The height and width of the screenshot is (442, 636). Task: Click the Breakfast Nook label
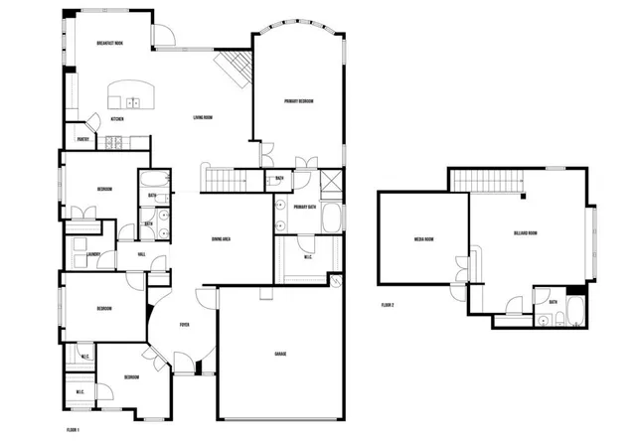[109, 44]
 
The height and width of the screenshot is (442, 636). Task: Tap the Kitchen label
[117, 119]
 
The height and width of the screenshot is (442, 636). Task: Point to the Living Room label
[203, 119]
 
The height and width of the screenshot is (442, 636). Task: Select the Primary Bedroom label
[299, 100]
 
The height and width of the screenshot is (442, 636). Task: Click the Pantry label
[83, 140]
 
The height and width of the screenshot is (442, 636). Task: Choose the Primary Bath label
[305, 207]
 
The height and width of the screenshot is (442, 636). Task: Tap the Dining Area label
[222, 240]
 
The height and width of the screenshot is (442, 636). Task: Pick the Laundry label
[94, 255]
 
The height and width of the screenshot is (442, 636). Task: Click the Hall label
[142, 255]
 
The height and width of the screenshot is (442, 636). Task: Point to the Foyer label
[185, 325]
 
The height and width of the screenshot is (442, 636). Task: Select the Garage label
[281, 355]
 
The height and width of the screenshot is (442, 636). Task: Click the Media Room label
[424, 239]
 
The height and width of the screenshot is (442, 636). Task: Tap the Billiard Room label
[526, 233]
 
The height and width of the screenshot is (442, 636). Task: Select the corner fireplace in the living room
[236, 70]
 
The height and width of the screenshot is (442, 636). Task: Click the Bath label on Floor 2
[552, 303]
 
